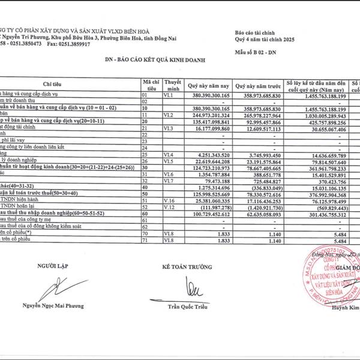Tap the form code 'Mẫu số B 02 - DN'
258,52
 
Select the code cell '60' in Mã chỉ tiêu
144,214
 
